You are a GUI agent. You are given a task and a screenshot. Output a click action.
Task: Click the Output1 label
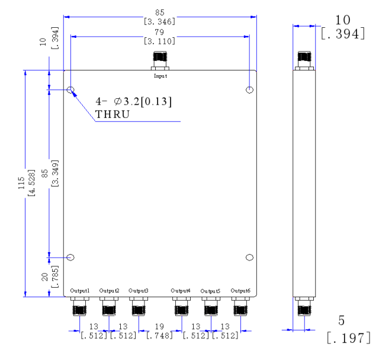pos(79,290)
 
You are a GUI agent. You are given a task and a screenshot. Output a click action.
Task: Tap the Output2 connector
pos(109,306)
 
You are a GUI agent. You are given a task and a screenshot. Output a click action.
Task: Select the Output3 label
pos(138,290)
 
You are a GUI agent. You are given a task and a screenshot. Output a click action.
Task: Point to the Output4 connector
pos(180,306)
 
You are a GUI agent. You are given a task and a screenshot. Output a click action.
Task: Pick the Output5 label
pos(210,291)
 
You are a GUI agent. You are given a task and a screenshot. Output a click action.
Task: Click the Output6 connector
pos(240,306)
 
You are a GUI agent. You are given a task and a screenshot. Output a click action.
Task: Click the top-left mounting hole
pos(71,90)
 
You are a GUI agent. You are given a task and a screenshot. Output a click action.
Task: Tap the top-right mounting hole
pos(250,90)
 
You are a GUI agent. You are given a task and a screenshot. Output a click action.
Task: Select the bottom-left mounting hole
pos(71,258)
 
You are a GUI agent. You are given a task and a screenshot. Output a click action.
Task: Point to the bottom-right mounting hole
pos(249,258)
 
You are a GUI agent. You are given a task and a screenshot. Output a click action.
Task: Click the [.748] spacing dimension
pos(160,336)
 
